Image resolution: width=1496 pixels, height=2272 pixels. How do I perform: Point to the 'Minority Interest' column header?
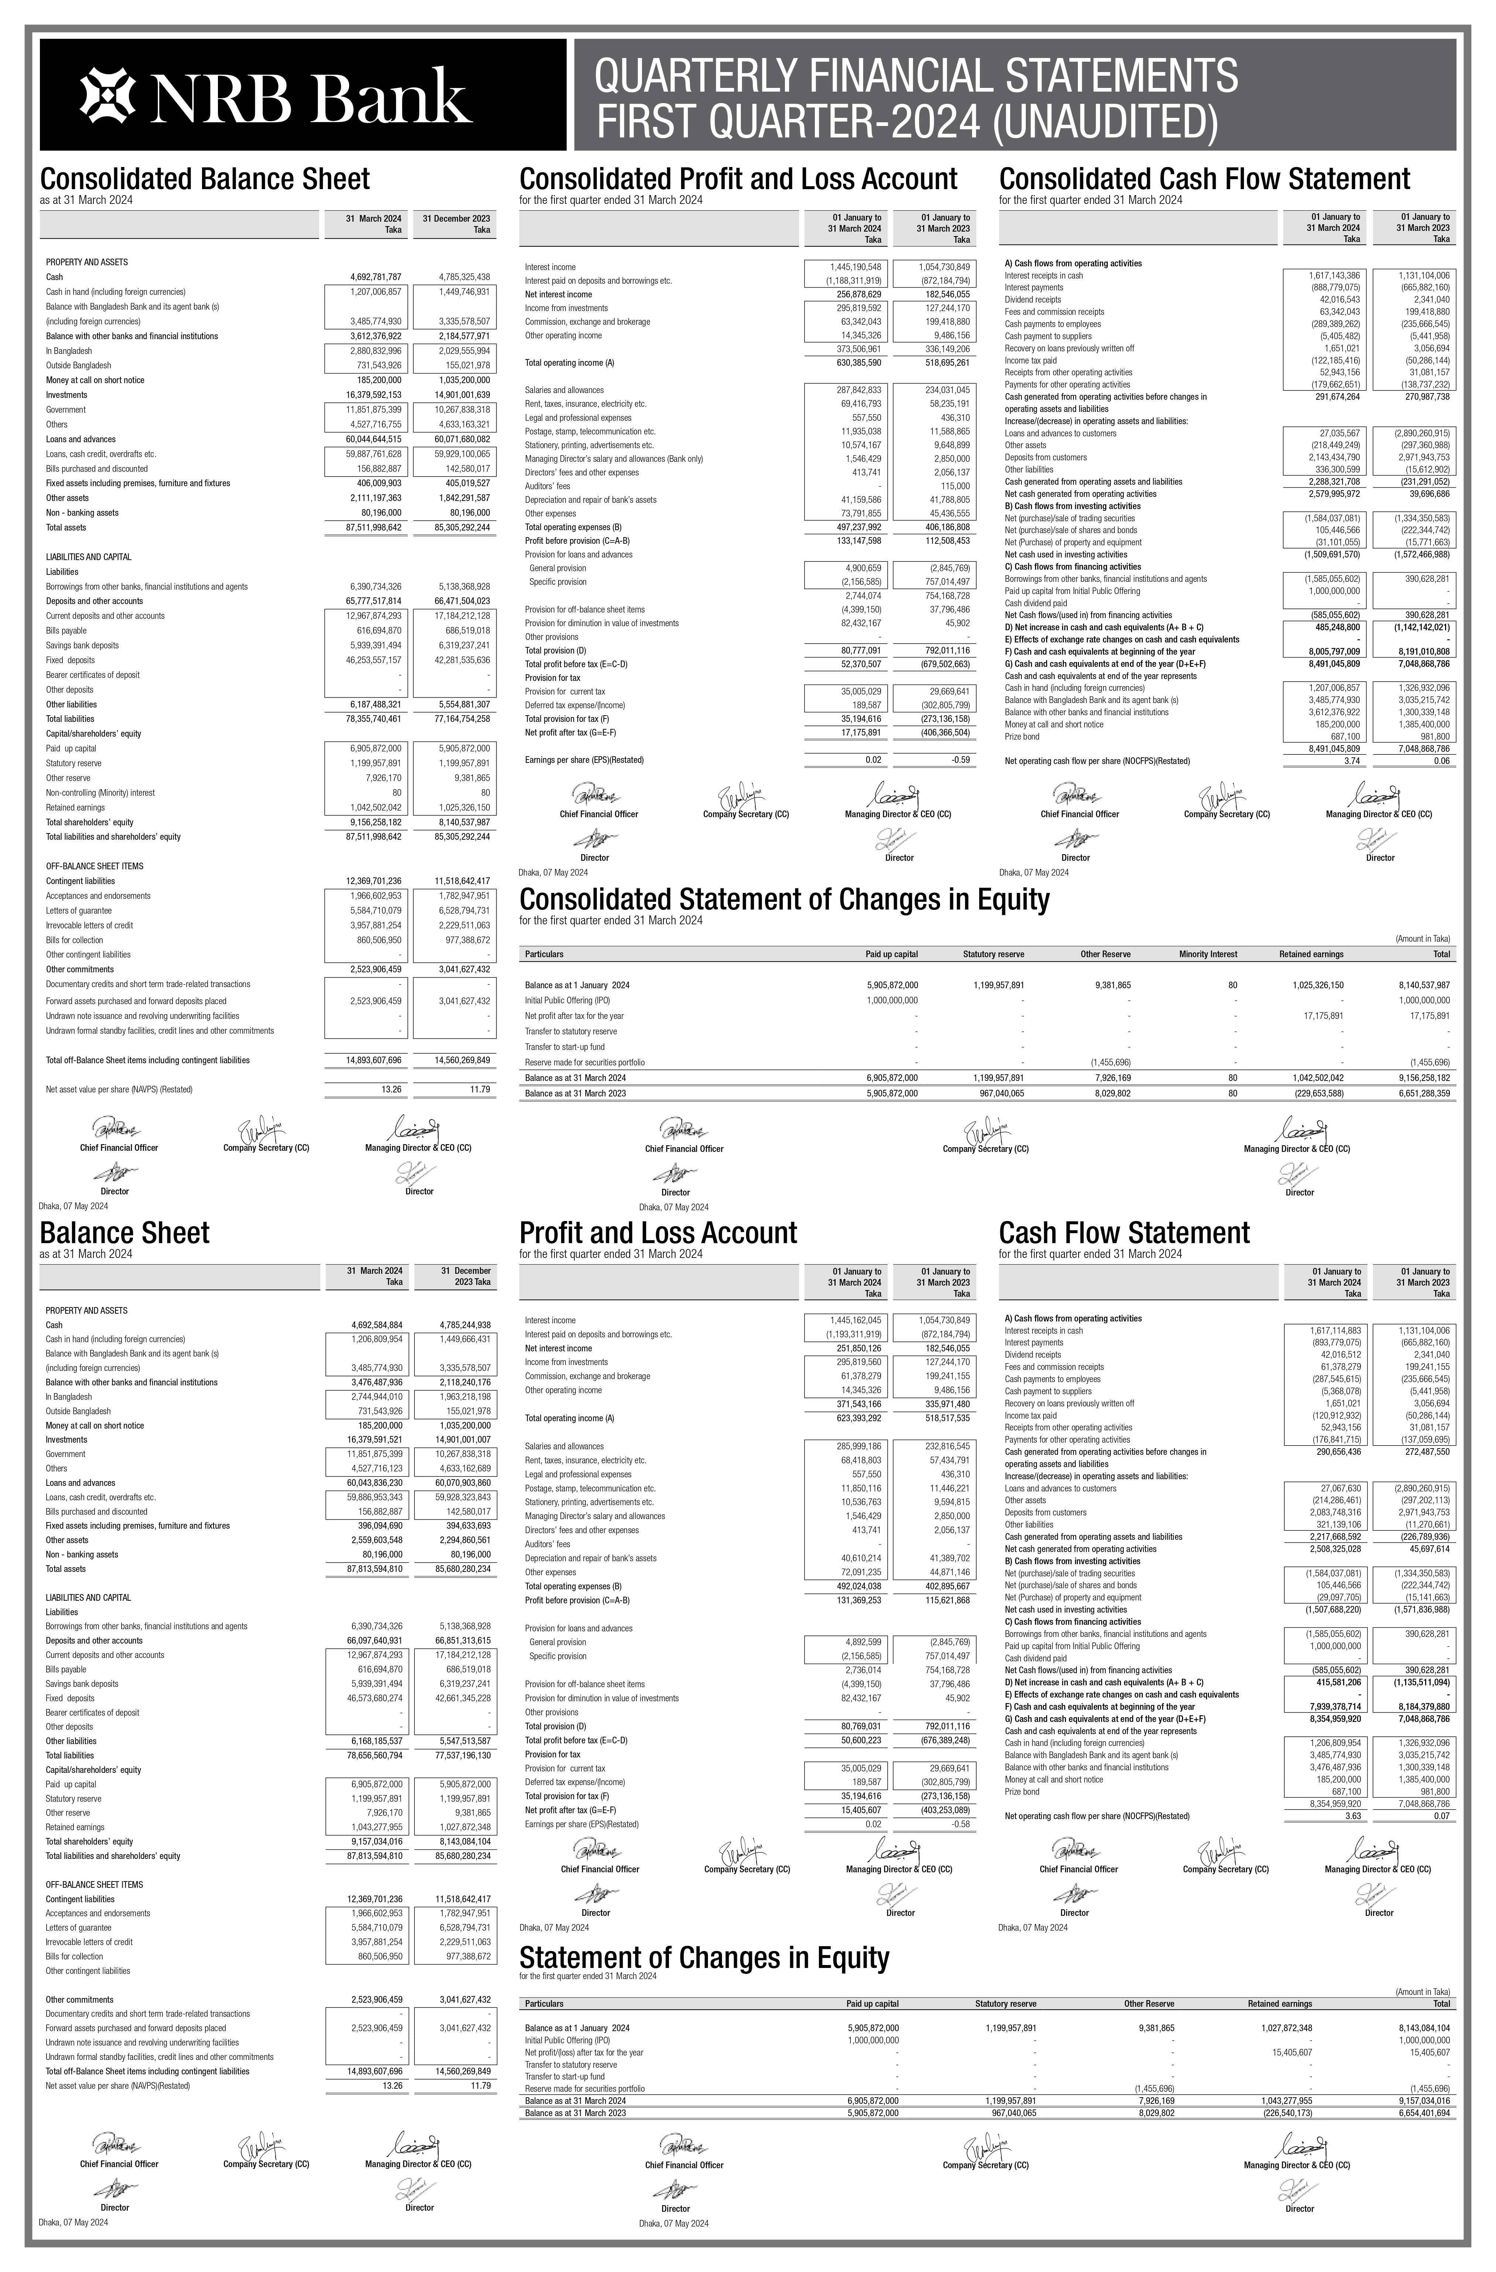click(1208, 954)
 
